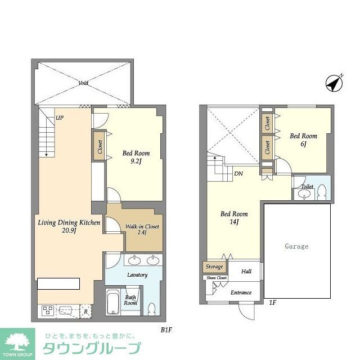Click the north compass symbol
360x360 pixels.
coord(335,84)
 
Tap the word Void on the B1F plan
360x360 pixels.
coord(83,83)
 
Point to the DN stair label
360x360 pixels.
coord(238,174)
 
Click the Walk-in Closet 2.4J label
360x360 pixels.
coord(142,231)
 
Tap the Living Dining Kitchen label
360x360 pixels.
coord(69,227)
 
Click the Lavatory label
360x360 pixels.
coord(137,274)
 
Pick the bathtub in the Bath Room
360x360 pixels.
coord(114,302)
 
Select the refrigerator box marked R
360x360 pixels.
coord(85,310)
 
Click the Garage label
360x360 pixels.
coord(296,246)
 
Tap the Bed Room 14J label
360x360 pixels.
coord(233,218)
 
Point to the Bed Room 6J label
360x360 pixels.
coord(303,140)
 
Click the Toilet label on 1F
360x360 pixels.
coord(307,186)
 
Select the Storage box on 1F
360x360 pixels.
coord(214,267)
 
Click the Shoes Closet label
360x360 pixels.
coord(217,278)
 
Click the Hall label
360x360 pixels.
coord(246,272)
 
